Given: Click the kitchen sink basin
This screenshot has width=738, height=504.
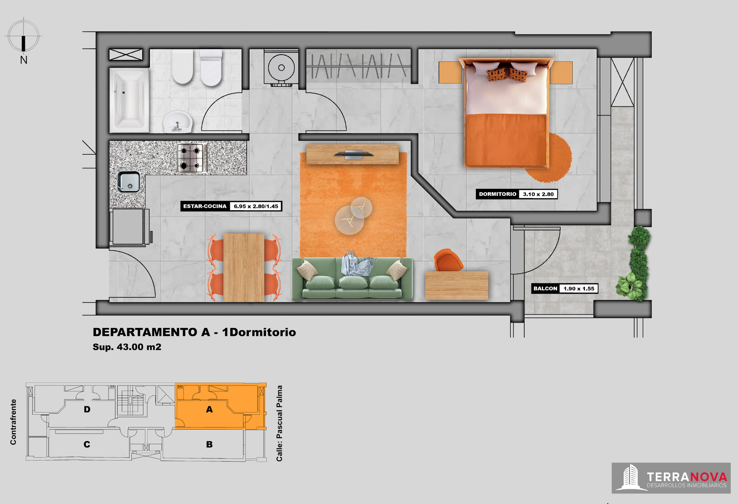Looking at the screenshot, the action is tap(129, 182).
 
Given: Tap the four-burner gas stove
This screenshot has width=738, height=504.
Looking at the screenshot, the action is tap(191, 158).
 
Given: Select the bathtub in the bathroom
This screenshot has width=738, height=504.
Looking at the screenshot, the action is tap(129, 100).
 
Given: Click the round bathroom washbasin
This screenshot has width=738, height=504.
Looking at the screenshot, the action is tap(177, 121).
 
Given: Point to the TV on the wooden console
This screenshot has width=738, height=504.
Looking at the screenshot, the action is tap(354, 154).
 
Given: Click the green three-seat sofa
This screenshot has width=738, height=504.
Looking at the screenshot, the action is tap(352, 278).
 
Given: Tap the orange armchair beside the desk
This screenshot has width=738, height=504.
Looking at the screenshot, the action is tap(448, 260).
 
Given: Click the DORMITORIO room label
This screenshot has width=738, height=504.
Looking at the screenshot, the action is tap(497, 194).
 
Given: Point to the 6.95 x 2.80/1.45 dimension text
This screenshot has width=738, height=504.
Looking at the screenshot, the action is tap(256, 206).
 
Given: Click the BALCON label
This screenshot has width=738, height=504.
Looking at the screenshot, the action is tap(545, 289).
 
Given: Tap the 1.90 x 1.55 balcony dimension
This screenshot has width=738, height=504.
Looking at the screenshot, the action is tap(579, 289).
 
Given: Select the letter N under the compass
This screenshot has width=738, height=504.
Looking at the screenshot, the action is tap(24, 60).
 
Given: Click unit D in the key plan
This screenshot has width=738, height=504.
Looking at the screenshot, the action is tap(87, 409).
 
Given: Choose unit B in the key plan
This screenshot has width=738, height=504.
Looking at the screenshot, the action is tap(209, 444).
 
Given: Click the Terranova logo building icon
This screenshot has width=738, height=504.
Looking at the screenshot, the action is tap(630, 477).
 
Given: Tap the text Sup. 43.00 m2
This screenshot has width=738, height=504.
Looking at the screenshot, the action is tap(127, 347).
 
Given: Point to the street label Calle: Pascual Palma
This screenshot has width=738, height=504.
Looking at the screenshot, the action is tap(279, 423).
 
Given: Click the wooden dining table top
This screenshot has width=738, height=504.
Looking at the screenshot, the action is tap(244, 268).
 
